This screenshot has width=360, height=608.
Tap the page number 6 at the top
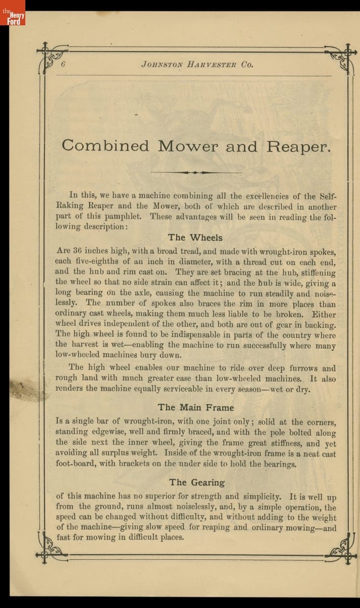[64, 64]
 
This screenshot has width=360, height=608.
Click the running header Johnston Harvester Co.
[197, 65]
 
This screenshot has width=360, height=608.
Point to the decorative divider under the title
[196, 172]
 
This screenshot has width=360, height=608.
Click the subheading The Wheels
[195, 237]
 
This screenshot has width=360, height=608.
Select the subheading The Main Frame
[195, 407]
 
